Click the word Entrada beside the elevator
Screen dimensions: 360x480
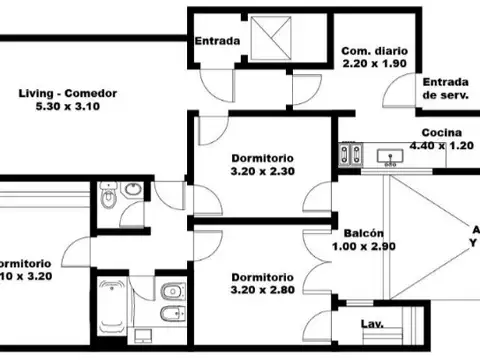[x=216, y=42]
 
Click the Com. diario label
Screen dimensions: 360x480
[x=371, y=51]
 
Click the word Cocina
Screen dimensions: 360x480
[x=440, y=133]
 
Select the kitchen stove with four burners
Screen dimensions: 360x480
[x=350, y=153]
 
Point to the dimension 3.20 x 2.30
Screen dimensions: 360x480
[x=262, y=170]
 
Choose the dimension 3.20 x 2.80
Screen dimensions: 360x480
[x=262, y=290]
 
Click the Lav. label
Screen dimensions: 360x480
[x=371, y=325]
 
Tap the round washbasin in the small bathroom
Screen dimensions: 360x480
[x=132, y=190]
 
